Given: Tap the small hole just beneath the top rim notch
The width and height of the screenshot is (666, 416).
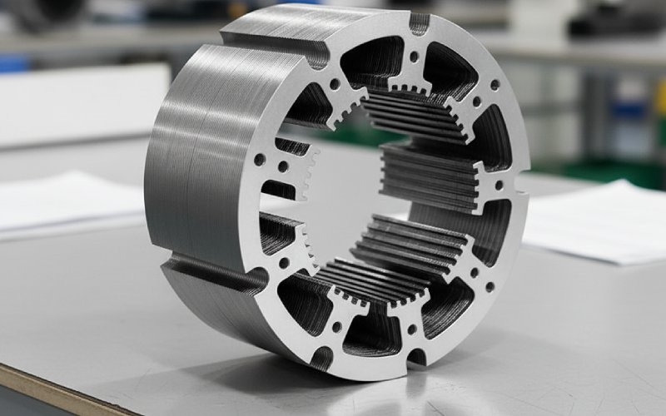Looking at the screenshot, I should pos(414,57).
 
